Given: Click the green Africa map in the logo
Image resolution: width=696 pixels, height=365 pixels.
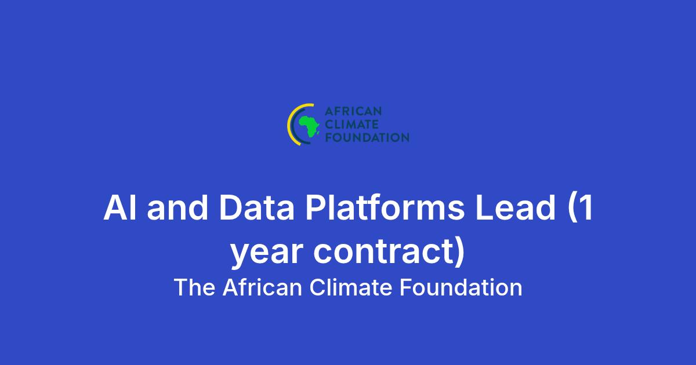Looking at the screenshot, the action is (309, 126).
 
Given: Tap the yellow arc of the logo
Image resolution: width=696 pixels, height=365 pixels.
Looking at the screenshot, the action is (289, 125).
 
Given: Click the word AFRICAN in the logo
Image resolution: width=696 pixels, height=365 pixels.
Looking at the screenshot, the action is (353, 111).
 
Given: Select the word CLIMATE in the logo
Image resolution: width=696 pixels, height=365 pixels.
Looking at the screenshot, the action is (351, 125).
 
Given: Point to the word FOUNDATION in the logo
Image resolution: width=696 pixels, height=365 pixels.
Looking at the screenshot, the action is (367, 137).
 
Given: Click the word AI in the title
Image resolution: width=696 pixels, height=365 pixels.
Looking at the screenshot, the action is (120, 207).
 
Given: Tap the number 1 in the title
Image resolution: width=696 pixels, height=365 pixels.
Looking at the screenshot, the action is (586, 207).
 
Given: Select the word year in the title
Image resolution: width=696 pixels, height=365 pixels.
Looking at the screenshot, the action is (267, 253).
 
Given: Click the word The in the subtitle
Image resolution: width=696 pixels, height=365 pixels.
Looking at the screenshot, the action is (194, 287).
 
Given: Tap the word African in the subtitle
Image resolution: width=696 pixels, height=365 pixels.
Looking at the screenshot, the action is (263, 287).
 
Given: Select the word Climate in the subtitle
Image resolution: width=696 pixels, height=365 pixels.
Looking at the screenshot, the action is (351, 287).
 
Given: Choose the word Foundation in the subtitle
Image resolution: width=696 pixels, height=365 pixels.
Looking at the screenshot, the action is (461, 287).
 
